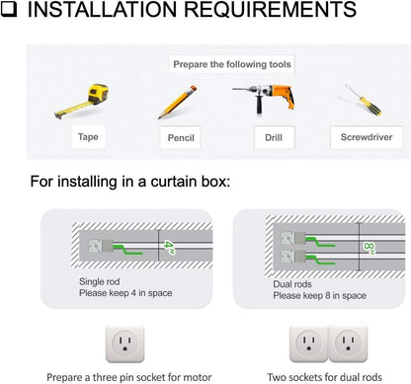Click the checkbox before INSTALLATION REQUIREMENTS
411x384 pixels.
8,9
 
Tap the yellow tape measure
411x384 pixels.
82,101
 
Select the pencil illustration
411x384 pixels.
177,102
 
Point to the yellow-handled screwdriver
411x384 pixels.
364,100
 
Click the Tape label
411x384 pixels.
88,136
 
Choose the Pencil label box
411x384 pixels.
181,137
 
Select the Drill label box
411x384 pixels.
274,137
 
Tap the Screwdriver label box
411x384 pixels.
367,137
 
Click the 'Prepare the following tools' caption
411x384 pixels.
232,64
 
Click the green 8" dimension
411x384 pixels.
370,248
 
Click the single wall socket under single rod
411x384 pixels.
124,344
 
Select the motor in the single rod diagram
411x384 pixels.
101,246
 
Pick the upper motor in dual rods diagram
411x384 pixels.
292,238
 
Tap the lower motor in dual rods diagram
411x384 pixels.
292,256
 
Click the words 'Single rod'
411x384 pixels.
99,281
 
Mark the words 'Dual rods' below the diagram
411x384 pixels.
292,284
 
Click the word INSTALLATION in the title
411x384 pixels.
102,9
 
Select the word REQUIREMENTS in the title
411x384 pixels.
270,9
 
